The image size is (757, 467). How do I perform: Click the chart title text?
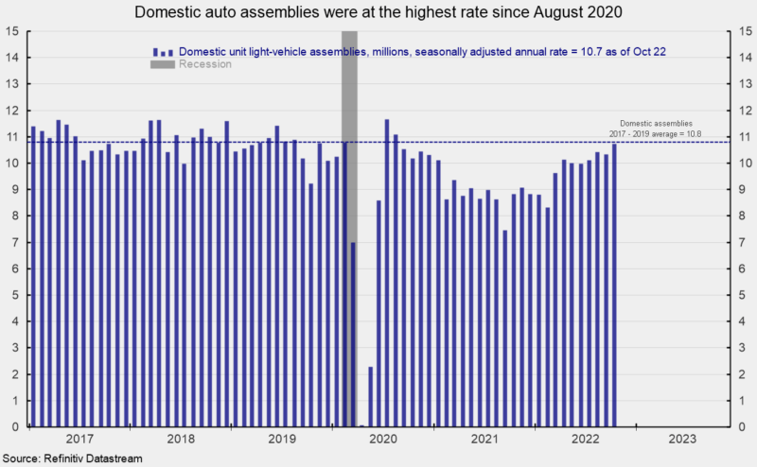(x=378, y=12)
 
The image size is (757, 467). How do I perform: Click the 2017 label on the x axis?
(x=79, y=439)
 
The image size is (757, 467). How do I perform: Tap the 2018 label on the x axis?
(x=181, y=439)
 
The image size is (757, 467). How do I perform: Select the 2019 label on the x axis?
(x=282, y=439)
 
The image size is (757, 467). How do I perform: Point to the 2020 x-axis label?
(x=383, y=439)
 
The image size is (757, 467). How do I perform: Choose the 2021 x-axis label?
(x=484, y=439)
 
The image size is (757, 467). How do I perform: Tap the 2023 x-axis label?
(x=685, y=439)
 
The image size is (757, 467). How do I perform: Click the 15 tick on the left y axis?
(x=13, y=31)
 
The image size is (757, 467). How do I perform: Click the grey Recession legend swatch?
(x=161, y=64)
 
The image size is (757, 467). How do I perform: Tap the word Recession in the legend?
(x=205, y=64)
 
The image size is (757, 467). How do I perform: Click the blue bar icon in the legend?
(x=161, y=51)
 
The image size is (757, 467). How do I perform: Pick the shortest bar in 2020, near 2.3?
(x=370, y=396)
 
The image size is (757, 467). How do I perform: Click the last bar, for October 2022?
(x=614, y=285)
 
